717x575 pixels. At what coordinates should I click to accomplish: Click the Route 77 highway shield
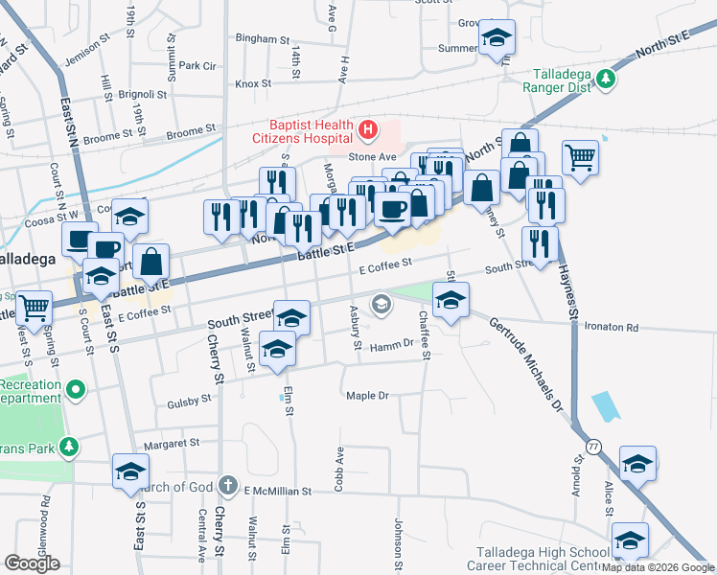(x=594, y=446)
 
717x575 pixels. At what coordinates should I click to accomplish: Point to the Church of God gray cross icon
(x=228, y=485)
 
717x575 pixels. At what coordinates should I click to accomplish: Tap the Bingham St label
(x=262, y=40)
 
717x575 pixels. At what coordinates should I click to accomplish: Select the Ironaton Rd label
(x=610, y=328)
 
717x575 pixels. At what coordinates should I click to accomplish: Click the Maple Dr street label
(x=366, y=395)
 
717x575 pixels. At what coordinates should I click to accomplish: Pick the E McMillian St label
(x=277, y=491)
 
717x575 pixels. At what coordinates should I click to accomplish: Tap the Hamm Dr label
(x=390, y=344)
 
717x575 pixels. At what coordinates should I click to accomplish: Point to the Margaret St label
(x=171, y=444)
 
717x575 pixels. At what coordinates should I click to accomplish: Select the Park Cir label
(x=197, y=66)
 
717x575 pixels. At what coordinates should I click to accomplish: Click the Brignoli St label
(x=143, y=95)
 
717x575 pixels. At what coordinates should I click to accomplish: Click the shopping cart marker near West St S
(x=35, y=309)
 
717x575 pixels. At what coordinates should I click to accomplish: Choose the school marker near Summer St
(x=497, y=39)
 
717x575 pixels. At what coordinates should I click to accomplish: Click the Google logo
(x=32, y=563)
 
